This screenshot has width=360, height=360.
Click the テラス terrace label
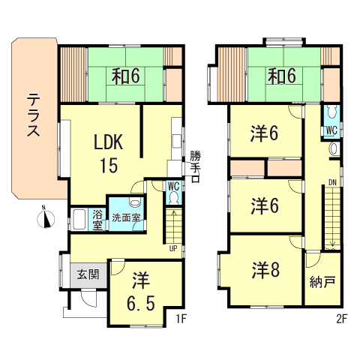33,115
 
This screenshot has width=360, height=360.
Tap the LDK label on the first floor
108,142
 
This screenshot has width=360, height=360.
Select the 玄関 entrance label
88,274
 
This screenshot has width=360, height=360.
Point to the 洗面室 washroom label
126,217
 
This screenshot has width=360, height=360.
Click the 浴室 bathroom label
97,220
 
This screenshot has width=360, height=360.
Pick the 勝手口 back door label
195,166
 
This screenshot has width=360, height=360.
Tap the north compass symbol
46,218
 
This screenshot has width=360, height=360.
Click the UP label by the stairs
173,248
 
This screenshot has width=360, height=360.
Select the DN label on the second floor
332,182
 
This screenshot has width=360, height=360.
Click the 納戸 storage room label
322,282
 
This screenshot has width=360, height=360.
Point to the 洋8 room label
265,270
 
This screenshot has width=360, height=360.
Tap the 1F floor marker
181,319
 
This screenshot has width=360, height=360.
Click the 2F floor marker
342,319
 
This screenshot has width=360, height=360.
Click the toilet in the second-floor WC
331,112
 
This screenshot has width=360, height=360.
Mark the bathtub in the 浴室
79,220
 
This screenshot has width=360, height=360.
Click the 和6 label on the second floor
282,76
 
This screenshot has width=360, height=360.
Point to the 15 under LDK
109,165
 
